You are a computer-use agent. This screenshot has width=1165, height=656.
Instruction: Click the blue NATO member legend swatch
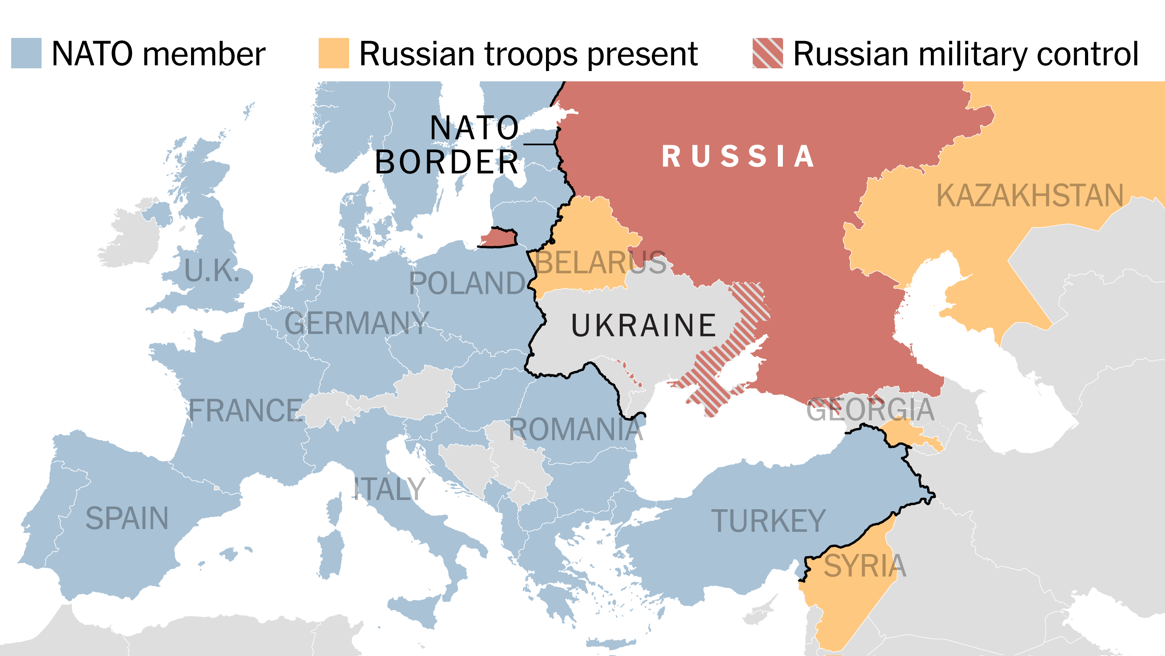[26, 53]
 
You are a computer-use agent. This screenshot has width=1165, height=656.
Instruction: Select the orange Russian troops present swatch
[334, 53]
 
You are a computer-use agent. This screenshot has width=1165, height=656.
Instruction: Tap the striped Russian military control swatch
[767, 53]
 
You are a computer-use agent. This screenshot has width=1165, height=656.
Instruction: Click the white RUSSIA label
[738, 156]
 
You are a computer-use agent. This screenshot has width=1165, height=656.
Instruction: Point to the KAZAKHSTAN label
[1030, 195]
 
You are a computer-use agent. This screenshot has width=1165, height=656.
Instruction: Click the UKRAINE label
[643, 326]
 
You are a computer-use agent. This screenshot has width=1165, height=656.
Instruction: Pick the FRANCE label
[245, 411]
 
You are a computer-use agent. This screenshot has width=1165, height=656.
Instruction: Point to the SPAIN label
[127, 518]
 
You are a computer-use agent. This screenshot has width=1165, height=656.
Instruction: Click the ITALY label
[389, 489]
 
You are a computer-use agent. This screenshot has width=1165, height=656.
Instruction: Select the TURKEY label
[769, 521]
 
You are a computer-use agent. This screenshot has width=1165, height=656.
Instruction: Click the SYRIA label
[865, 566]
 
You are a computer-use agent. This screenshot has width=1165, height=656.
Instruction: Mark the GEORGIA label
[870, 410]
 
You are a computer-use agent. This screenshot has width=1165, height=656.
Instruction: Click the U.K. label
[212, 271]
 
